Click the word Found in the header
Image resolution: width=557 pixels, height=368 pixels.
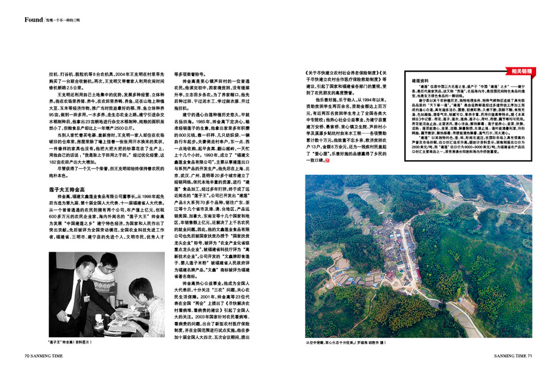click(34, 20)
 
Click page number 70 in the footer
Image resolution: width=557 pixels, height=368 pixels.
click(28, 355)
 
